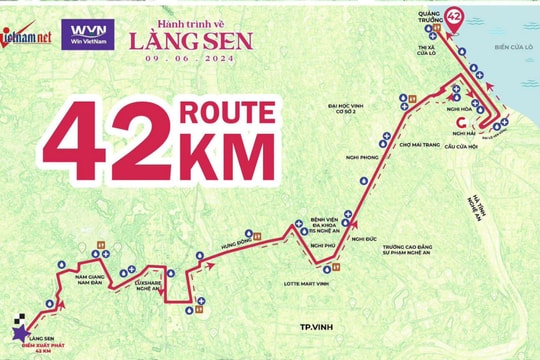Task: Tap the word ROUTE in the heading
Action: pos(226,112)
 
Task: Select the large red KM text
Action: pos(228,158)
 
